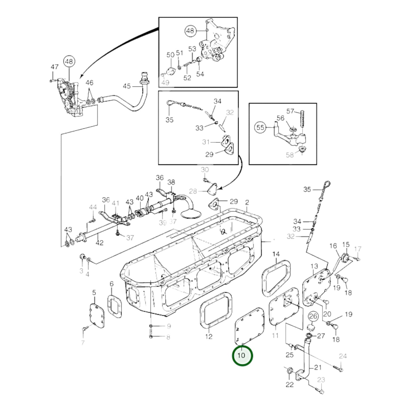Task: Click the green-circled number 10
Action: [242, 355]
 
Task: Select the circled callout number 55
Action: [261, 127]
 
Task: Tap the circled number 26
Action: [313, 316]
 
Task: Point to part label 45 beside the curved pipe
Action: [127, 86]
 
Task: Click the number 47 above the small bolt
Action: [54, 67]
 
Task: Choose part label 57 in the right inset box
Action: [290, 111]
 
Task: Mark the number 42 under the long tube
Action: [99, 243]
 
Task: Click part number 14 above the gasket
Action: [276, 254]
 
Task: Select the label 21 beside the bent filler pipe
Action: [318, 367]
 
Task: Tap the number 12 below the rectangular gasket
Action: [209, 336]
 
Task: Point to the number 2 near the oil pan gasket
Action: [247, 202]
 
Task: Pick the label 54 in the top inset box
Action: [200, 74]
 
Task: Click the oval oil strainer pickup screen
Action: [191, 214]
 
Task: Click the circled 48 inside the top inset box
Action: [190, 31]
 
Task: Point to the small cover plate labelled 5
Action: [97, 315]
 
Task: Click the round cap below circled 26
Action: [311, 327]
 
